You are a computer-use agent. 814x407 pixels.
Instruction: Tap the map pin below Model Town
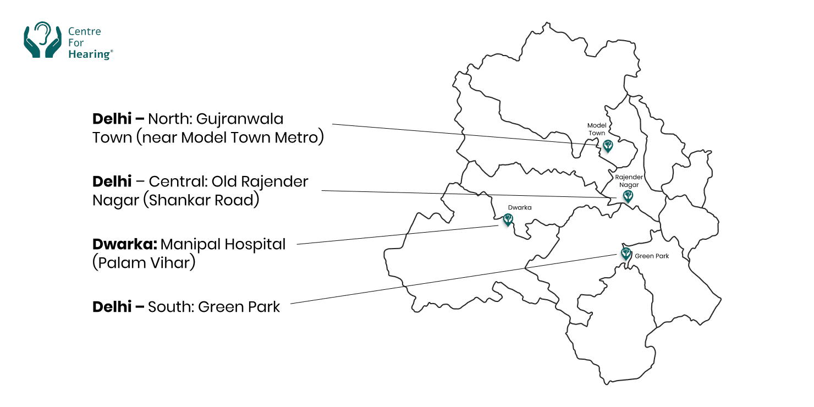point(608,146)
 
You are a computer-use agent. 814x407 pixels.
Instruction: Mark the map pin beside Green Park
point(625,254)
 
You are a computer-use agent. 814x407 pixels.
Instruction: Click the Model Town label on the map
point(597,129)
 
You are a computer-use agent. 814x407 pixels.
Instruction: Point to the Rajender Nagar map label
point(628,181)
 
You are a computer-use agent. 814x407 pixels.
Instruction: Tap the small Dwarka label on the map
point(520,208)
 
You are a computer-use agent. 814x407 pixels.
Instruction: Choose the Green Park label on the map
point(652,256)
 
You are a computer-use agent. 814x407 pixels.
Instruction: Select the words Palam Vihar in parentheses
point(144,263)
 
